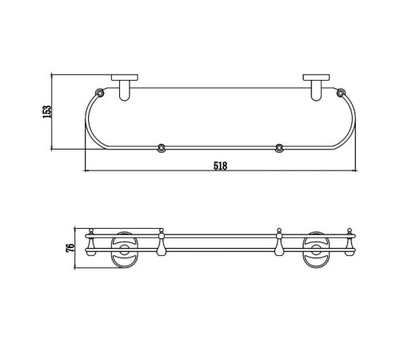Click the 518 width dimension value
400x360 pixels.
pyautogui.click(x=220, y=166)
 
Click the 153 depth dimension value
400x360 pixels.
pyautogui.click(x=46, y=112)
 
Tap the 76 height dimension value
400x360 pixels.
pyautogui.click(x=70, y=248)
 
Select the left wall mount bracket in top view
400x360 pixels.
pyautogui.click(x=125, y=87)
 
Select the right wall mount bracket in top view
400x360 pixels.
pyautogui.click(x=316, y=87)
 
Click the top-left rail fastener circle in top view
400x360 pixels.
pyautogui.click(x=100, y=93)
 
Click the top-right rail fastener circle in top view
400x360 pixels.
pyautogui.click(x=341, y=93)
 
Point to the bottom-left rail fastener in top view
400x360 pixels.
pyautogui.click(x=161, y=148)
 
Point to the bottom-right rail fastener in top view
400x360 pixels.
pyautogui.click(x=279, y=148)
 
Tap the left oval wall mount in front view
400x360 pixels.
pyautogui.click(x=124, y=250)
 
